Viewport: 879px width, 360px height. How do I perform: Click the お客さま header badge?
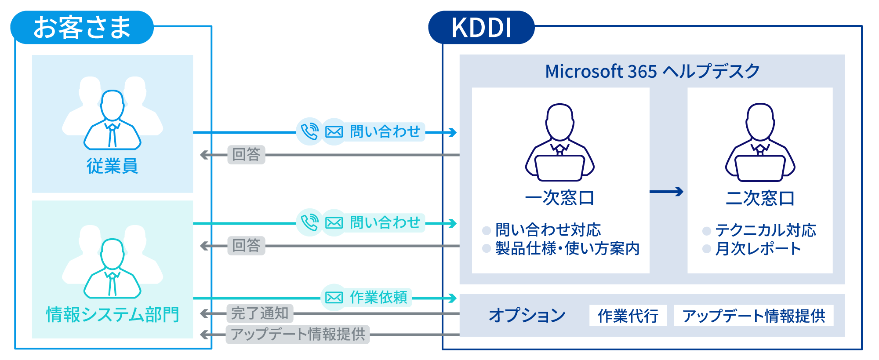pyautogui.click(x=82, y=27)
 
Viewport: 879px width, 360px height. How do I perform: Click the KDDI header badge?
pyautogui.click(x=481, y=28)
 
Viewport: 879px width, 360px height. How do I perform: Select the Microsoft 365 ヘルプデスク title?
pyautogui.click(x=652, y=71)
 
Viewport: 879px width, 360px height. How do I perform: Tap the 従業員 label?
pyautogui.click(x=113, y=166)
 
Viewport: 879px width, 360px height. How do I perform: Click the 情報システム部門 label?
pyautogui.click(x=113, y=315)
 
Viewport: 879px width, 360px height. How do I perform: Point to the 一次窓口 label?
pyautogui.click(x=559, y=198)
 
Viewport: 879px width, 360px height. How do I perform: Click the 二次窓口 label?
pyautogui.click(x=760, y=198)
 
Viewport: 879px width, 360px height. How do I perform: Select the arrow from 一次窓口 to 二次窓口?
pyautogui.click(x=667, y=192)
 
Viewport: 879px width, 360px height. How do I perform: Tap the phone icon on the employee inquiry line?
pyautogui.click(x=309, y=131)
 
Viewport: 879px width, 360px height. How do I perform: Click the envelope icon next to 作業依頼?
pyautogui.click(x=334, y=298)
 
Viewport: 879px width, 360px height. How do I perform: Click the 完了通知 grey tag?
pyautogui.click(x=260, y=313)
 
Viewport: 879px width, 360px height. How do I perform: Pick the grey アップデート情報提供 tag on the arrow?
pyautogui.click(x=298, y=335)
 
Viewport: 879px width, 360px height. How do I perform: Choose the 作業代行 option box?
pyautogui.click(x=628, y=316)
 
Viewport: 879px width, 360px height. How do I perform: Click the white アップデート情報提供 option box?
pyautogui.click(x=753, y=316)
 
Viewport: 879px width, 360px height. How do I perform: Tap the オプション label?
pyautogui.click(x=527, y=315)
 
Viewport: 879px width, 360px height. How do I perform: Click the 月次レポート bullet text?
pyautogui.click(x=758, y=249)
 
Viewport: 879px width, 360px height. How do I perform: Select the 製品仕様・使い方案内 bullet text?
pyautogui.click(x=567, y=249)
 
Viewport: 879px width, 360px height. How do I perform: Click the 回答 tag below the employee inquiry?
pyautogui.click(x=246, y=155)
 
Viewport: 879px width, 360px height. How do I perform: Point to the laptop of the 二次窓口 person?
pyautogui.click(x=760, y=168)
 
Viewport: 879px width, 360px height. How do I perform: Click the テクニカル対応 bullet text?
pyautogui.click(x=765, y=230)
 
